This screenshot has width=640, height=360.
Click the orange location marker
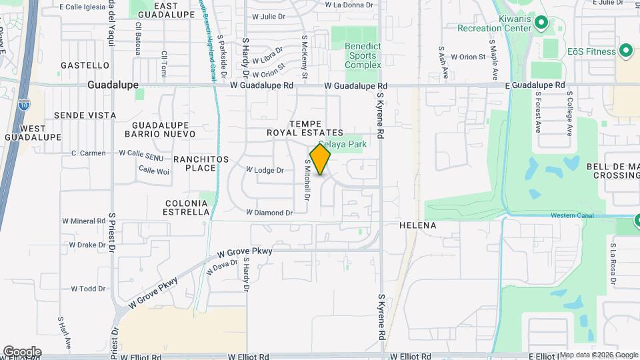click(x=320, y=159)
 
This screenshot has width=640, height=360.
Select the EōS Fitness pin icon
click(x=625, y=50)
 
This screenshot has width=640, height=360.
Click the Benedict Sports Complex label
click(x=363, y=55)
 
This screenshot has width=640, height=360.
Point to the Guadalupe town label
click(x=113, y=85)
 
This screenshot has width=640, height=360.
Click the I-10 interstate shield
click(x=24, y=104)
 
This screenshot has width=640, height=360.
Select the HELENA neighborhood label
click(x=417, y=225)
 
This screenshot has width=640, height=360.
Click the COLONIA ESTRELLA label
click(x=186, y=207)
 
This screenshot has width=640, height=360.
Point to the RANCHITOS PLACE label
click(x=201, y=163)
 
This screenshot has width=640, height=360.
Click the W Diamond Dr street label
click(x=269, y=213)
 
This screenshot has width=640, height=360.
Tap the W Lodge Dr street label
click(x=265, y=170)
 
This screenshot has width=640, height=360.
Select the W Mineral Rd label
click(x=84, y=221)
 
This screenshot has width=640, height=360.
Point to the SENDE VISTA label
click(x=85, y=115)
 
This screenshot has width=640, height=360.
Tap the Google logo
click(x=22, y=352)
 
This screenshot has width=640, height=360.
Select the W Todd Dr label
click(x=88, y=289)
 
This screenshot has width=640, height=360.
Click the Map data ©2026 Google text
click(x=599, y=355)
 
